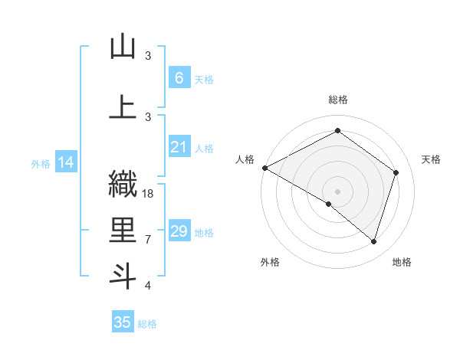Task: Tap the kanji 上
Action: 123,107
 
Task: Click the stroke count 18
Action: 149,194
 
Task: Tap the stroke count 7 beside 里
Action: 148,240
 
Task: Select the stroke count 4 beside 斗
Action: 148,286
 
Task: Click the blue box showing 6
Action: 179,78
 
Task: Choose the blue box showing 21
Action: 179,147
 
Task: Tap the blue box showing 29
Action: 179,231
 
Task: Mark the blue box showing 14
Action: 65,162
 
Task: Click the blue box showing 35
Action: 123,322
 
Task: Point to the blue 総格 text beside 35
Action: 147,324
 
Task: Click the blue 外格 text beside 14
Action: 41,163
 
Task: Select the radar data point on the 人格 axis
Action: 264,168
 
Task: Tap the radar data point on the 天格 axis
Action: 396,172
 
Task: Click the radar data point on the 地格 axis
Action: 373,242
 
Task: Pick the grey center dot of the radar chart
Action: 337,190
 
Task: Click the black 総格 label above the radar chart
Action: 337,100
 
